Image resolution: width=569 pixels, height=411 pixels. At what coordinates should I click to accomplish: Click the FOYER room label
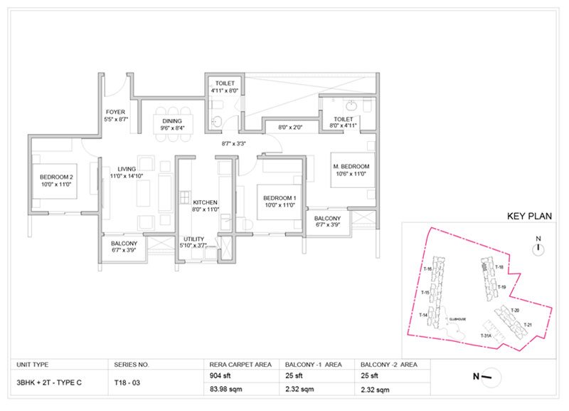coord(115,112)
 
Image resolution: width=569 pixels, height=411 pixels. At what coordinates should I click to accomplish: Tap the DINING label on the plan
coord(172,121)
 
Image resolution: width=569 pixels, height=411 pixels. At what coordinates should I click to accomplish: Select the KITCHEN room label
coord(205,202)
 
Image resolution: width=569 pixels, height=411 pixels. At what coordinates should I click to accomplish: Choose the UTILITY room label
coord(194,239)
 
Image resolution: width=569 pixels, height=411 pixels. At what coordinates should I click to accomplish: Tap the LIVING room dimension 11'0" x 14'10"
coord(127,175)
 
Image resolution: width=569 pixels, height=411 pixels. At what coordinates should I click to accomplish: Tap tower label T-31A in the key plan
coord(486,335)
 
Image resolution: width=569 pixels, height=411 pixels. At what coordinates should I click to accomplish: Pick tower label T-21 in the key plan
coord(527,325)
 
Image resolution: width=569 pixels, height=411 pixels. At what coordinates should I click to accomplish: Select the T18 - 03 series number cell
coord(129,383)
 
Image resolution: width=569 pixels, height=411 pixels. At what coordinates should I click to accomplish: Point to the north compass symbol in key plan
coord(539,248)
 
